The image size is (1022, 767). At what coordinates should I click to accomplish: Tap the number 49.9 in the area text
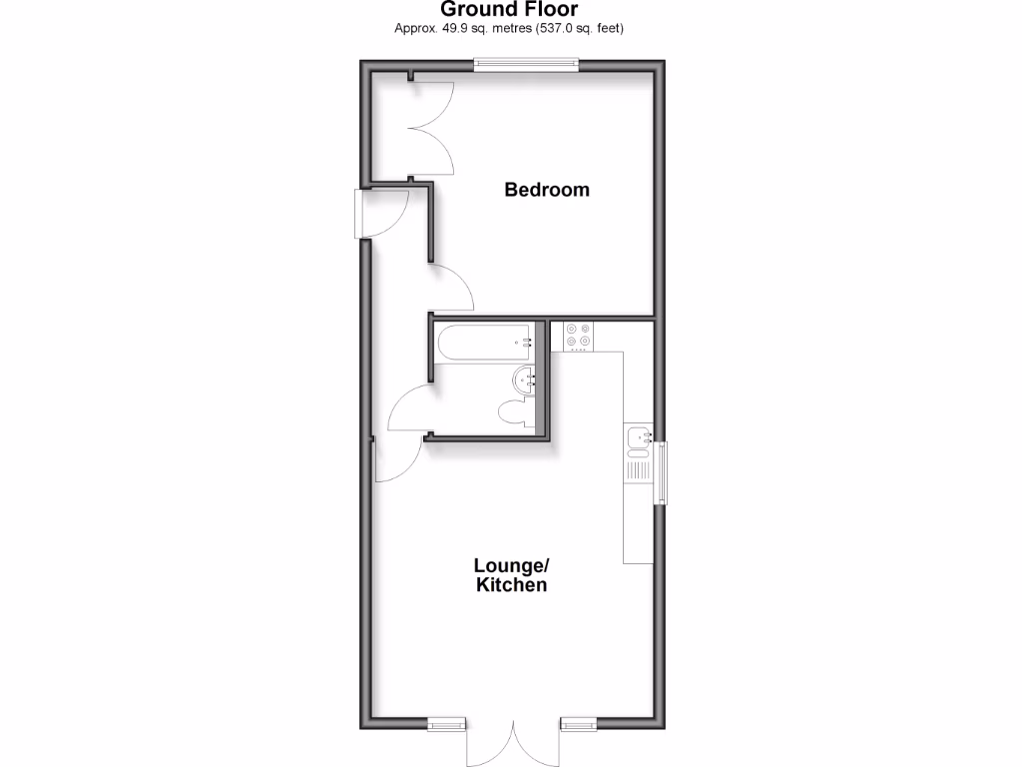448,28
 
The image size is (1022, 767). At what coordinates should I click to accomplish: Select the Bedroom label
546,189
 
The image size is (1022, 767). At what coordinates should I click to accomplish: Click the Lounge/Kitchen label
511,575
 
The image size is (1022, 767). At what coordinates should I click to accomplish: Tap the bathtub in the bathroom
484,343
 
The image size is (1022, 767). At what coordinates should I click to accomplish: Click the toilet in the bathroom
515,412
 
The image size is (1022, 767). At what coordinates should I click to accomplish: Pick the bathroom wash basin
526,379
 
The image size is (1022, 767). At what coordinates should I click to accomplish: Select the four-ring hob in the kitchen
577,336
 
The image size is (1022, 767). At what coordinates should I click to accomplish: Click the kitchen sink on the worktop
639,436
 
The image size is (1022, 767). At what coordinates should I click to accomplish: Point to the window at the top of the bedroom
526,65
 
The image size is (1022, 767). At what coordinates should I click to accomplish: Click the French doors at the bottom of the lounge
514,742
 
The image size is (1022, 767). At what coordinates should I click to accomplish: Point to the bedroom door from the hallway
451,287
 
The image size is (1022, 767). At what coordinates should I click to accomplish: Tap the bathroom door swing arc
407,409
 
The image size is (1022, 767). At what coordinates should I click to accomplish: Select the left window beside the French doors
446,722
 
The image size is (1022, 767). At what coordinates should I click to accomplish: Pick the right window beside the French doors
578,722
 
